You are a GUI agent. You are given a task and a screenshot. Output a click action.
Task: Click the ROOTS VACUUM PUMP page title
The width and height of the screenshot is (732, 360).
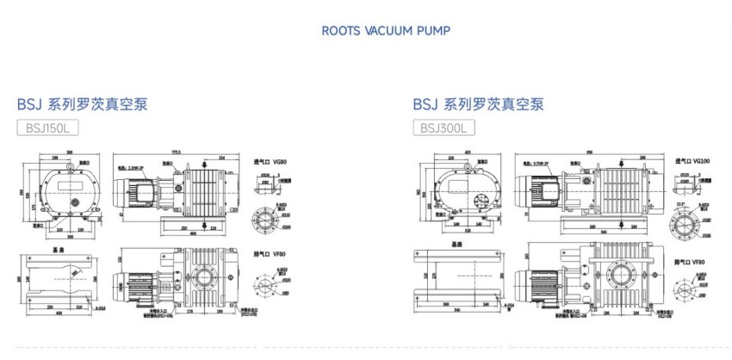tap(385, 30)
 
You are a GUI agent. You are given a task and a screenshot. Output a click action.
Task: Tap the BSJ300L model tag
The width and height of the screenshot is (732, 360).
tap(444, 128)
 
